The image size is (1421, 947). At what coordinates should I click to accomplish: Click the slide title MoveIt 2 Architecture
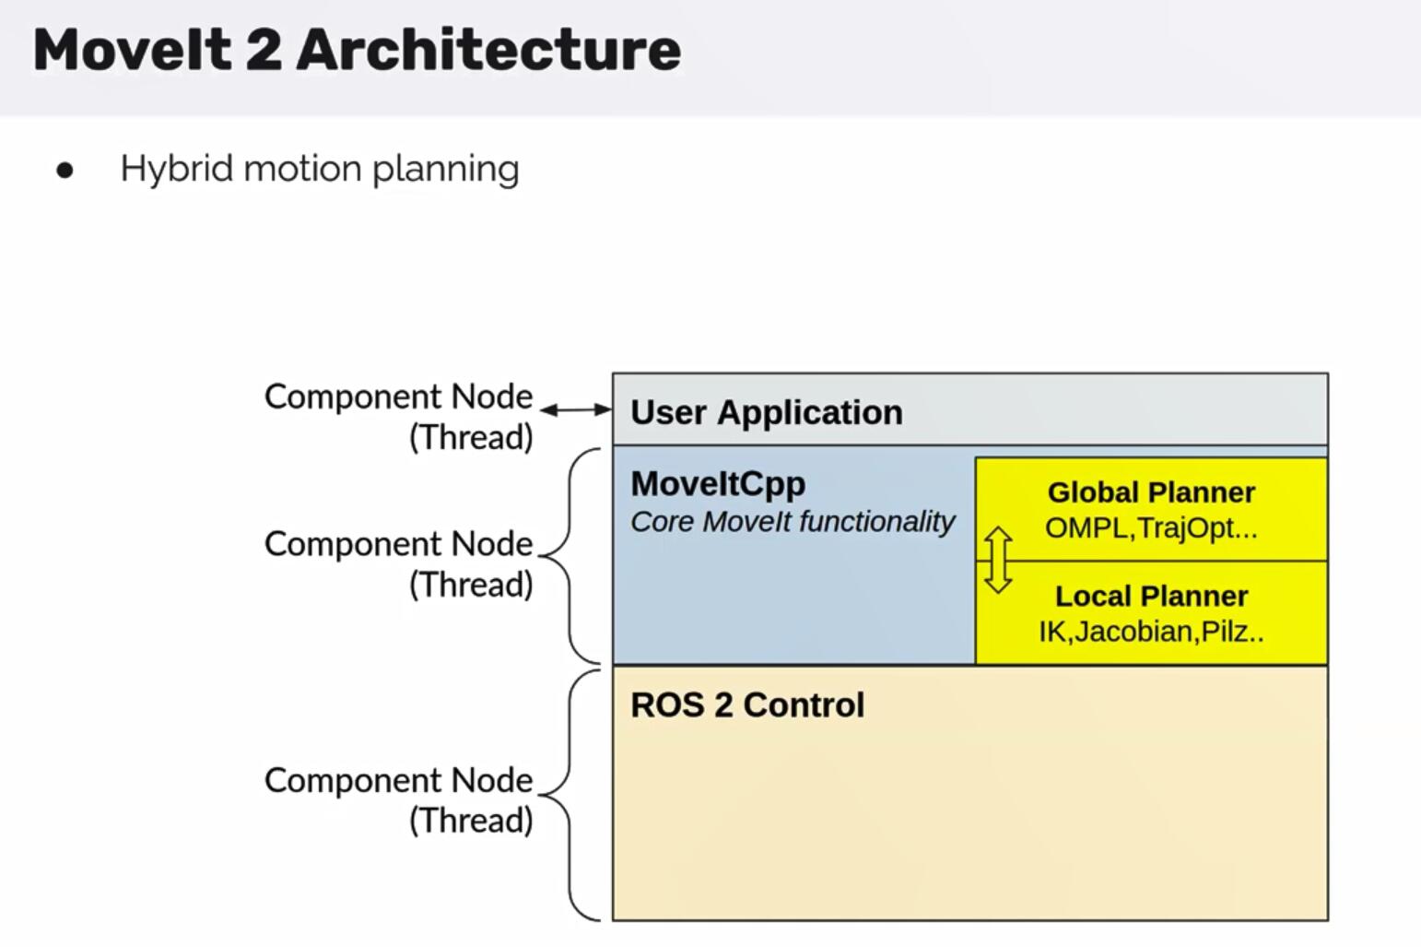coord(357,50)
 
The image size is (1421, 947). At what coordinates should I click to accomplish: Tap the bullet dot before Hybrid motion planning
coord(65,171)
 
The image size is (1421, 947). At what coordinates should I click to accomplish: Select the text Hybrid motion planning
coord(320,170)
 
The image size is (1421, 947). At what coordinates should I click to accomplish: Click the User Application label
coord(766,412)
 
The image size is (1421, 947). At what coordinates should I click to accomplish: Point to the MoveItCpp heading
coord(718,484)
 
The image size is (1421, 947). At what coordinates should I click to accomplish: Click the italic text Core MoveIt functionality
coord(793,522)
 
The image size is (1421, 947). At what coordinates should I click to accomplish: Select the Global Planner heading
coord(1151,492)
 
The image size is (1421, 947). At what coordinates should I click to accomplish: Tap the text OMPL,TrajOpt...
coord(1151,528)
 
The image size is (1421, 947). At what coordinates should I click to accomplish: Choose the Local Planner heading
coord(1151,596)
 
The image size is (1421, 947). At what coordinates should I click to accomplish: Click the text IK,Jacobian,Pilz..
coord(1151,632)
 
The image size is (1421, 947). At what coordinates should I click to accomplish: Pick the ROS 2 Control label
coord(747,705)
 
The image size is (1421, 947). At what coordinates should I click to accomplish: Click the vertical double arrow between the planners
coord(998,560)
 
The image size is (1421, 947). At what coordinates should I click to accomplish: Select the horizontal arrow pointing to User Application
coord(576,409)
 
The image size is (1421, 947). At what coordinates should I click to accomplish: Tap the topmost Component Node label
coord(398,397)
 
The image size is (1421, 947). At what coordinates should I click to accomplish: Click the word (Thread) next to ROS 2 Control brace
coord(471,820)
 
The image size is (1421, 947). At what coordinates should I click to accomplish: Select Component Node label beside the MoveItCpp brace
coord(398,544)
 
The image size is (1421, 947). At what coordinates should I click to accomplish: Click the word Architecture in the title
coord(488,50)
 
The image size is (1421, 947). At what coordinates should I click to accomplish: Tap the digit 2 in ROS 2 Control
coord(723,705)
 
